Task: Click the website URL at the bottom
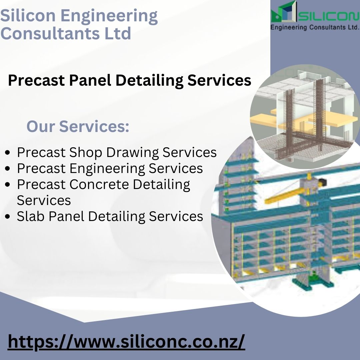pyautogui.click(x=126, y=342)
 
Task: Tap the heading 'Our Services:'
pyautogui.click(x=78, y=126)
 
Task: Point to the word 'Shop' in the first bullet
pyautogui.click(x=86, y=152)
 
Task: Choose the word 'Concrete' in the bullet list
pyautogui.click(x=99, y=184)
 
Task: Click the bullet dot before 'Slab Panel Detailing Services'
pyautogui.click(x=8, y=217)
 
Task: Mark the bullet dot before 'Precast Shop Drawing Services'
pyautogui.click(x=8, y=152)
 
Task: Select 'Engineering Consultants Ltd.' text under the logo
pyautogui.click(x=315, y=27)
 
